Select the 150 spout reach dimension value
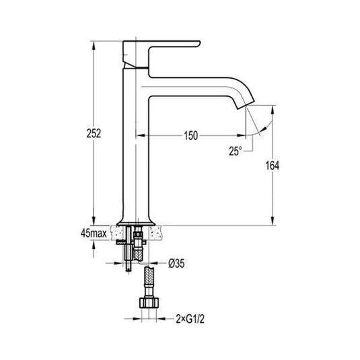(x=190, y=135)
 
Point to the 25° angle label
(x=234, y=152)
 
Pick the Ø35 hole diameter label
(x=178, y=263)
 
